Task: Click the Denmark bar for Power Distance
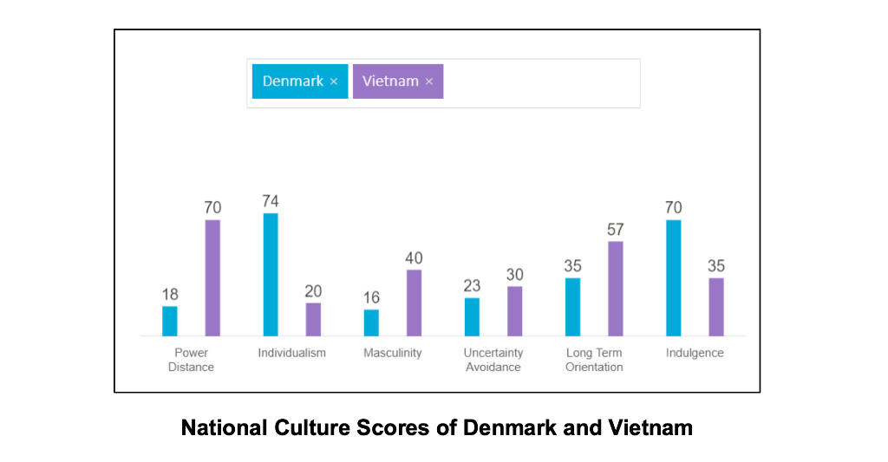pyautogui.click(x=170, y=321)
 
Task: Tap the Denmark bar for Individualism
pyautogui.click(x=271, y=275)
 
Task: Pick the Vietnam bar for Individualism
pyautogui.click(x=313, y=319)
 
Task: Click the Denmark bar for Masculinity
pyautogui.click(x=371, y=322)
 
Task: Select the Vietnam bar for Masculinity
pyautogui.click(x=415, y=303)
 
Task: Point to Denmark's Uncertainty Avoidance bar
pyautogui.click(x=472, y=316)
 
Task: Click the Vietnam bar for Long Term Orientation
pyautogui.click(x=616, y=289)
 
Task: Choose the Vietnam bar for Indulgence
pyautogui.click(x=716, y=307)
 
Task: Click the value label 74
pyautogui.click(x=271, y=202)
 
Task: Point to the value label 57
pyautogui.click(x=616, y=230)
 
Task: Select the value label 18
pyautogui.click(x=170, y=295)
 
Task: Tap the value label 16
pyautogui.click(x=371, y=298)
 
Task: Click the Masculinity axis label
pyautogui.click(x=393, y=353)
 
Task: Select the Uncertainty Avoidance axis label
pyautogui.click(x=493, y=360)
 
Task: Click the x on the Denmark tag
pyautogui.click(x=333, y=81)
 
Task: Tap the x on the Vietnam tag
pyautogui.click(x=428, y=81)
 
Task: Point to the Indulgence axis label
pyautogui.click(x=695, y=353)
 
